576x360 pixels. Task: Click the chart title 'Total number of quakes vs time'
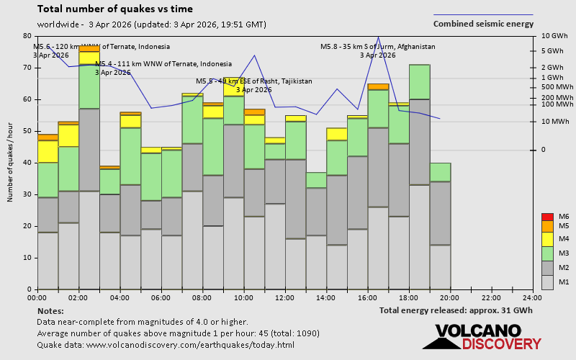point(114,9)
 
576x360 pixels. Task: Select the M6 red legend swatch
point(546,217)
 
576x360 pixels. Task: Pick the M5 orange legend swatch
point(546,226)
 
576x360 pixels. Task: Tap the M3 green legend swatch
point(546,253)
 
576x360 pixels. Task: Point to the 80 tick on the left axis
point(27,36)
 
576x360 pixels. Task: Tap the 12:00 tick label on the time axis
point(285,297)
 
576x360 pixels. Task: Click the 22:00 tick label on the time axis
point(491,297)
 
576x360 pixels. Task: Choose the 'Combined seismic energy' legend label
point(483,23)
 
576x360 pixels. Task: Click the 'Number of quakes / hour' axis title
point(11,163)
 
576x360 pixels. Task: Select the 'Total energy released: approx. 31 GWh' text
point(456,310)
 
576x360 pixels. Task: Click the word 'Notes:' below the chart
point(50,310)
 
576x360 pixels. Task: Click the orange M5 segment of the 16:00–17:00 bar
point(378,86)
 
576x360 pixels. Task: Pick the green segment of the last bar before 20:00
point(440,172)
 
